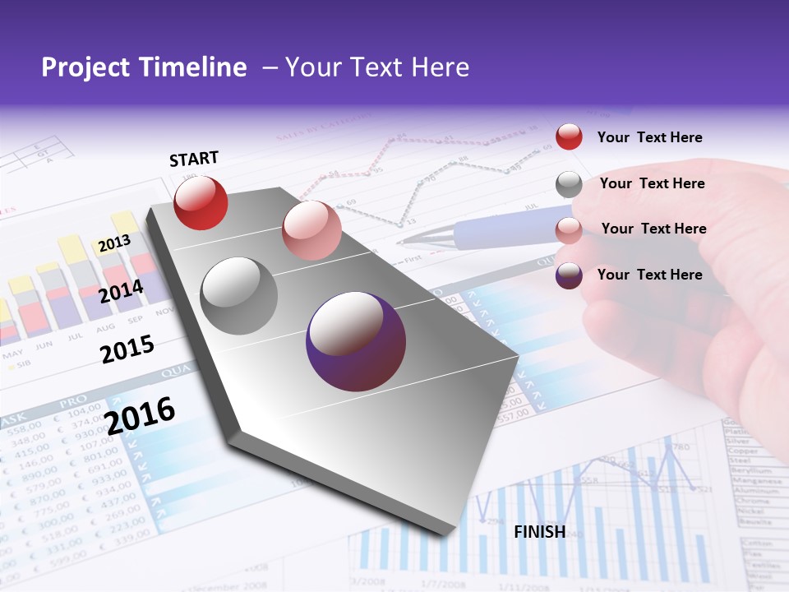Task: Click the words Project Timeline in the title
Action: click(x=144, y=67)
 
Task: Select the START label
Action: click(x=194, y=159)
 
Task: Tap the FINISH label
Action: click(x=540, y=532)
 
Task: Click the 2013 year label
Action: click(x=114, y=244)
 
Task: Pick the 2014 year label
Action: click(x=122, y=291)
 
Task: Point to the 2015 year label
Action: click(x=127, y=349)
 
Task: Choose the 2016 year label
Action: click(x=140, y=415)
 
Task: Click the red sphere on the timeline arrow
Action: click(x=201, y=202)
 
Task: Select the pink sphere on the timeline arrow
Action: click(x=311, y=230)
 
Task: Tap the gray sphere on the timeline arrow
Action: click(x=239, y=295)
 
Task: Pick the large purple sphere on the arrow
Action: click(x=356, y=341)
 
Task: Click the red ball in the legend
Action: click(x=569, y=136)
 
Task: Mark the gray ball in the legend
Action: click(x=569, y=184)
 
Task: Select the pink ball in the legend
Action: click(x=569, y=230)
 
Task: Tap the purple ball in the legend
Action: click(x=569, y=275)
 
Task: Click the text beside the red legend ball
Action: click(x=649, y=137)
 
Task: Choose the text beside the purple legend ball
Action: click(x=649, y=275)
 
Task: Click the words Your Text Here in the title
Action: click(x=377, y=67)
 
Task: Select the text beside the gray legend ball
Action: click(x=652, y=183)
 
